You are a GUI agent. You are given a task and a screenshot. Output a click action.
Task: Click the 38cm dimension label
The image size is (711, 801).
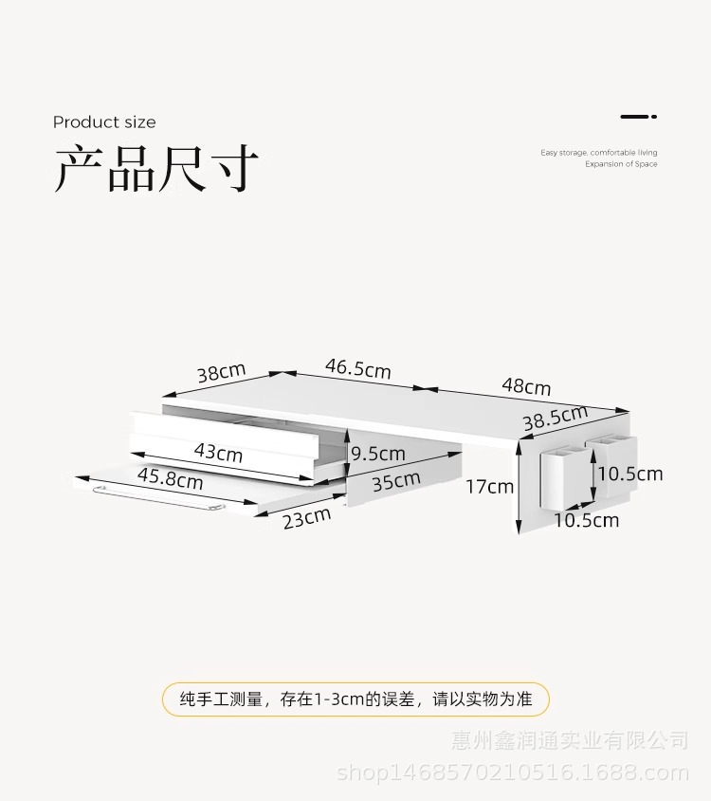[x=221, y=372]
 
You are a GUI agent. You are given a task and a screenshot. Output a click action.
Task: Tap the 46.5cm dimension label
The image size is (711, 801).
[x=358, y=367]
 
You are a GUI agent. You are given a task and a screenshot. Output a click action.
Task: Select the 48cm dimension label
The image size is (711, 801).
[x=526, y=386]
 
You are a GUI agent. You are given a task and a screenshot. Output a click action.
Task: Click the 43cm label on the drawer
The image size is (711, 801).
[x=218, y=452]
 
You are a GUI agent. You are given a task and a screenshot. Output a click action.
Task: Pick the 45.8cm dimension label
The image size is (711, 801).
[x=171, y=477]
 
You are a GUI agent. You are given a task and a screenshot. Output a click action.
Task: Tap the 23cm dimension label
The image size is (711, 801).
[x=306, y=518]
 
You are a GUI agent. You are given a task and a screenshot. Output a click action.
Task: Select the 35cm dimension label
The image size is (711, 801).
[x=396, y=481]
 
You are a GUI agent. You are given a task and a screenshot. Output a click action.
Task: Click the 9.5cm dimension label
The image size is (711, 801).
[x=378, y=454]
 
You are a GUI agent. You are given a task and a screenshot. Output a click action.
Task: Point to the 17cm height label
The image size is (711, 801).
[x=489, y=487]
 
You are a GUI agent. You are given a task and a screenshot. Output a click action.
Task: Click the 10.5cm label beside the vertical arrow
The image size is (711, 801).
[x=629, y=474]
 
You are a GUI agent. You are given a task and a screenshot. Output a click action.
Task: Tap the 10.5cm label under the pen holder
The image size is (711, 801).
[x=587, y=520]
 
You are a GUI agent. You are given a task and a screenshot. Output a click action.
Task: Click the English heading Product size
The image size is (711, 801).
[x=104, y=122]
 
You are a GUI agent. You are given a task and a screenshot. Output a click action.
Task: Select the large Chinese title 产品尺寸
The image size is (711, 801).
[x=156, y=169]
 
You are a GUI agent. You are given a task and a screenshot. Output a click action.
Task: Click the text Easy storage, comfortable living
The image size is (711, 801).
[x=598, y=152]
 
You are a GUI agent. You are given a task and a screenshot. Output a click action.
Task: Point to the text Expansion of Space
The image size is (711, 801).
[x=621, y=164]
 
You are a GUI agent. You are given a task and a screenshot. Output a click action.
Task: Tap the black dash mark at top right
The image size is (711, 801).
[x=638, y=117]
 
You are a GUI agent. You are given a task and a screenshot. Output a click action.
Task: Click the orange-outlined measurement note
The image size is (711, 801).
[x=355, y=699]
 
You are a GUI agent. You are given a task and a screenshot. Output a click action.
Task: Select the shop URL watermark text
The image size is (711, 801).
[x=513, y=773]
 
